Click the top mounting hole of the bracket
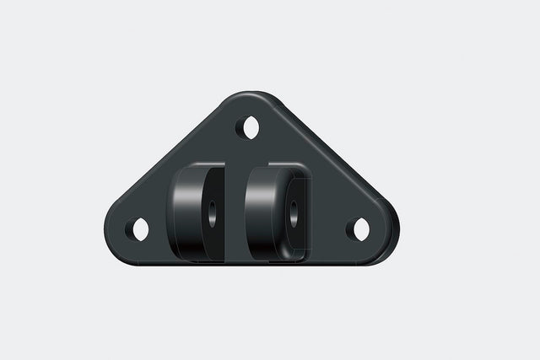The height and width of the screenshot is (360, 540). pyautogui.click(x=251, y=128)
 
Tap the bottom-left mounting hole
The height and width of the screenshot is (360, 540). pyautogui.click(x=141, y=228)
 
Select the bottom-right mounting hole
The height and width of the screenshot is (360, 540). pyautogui.click(x=361, y=228)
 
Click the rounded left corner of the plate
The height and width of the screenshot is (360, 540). pyautogui.click(x=114, y=232)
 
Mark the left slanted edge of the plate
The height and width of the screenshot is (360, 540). pyautogui.click(x=169, y=157)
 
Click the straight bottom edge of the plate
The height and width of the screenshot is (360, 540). pyautogui.click(x=253, y=262)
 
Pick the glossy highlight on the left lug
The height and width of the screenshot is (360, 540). pyautogui.click(x=181, y=211)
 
